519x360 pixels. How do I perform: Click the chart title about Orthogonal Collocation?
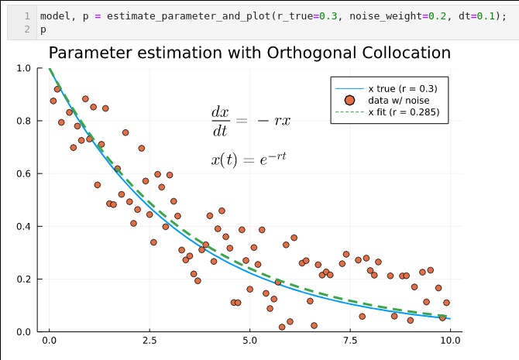(x=249, y=53)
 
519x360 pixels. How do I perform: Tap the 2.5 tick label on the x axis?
(x=150, y=340)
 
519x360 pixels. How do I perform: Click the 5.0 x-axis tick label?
(x=249, y=340)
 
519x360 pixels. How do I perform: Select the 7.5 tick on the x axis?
(x=349, y=340)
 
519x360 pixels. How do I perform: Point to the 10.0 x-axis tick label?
(x=449, y=340)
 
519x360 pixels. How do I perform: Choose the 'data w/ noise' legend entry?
(x=398, y=100)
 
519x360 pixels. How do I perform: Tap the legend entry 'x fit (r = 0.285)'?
(x=404, y=111)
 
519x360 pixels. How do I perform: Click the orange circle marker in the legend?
(x=349, y=100)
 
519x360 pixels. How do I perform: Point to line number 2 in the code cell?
(x=27, y=29)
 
